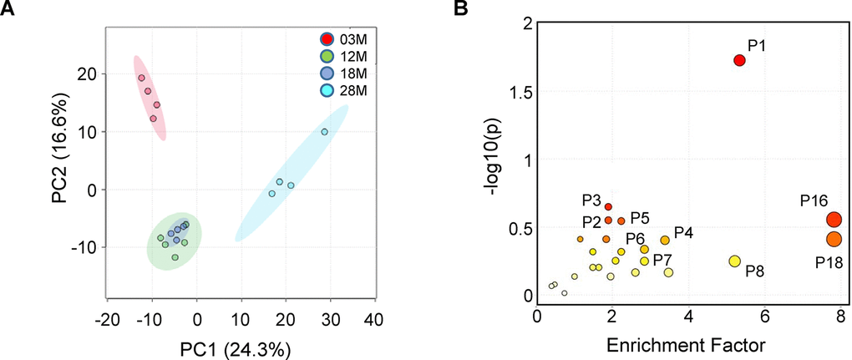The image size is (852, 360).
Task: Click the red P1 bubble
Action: point(739,60)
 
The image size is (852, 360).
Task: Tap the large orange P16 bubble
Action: point(834,220)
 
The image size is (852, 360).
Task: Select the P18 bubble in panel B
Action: point(834,240)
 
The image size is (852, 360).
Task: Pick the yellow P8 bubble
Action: point(735,261)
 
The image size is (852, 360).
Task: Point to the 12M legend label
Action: point(354,57)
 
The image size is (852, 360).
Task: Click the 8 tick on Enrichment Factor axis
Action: point(839,317)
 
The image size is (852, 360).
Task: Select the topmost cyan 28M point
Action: point(324,132)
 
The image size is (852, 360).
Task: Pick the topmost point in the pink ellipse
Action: point(142,78)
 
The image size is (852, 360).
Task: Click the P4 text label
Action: point(683,231)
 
